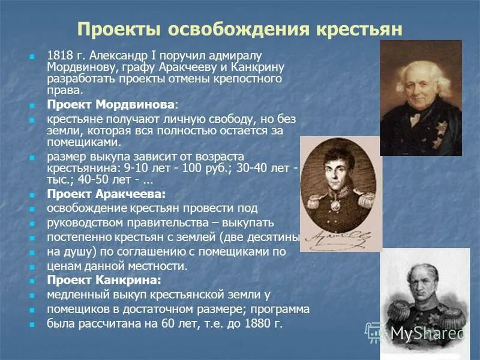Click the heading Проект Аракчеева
click(x=106, y=194)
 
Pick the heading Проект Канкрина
click(x=104, y=280)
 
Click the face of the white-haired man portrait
click(x=421, y=85)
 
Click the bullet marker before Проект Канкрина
click(x=33, y=281)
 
